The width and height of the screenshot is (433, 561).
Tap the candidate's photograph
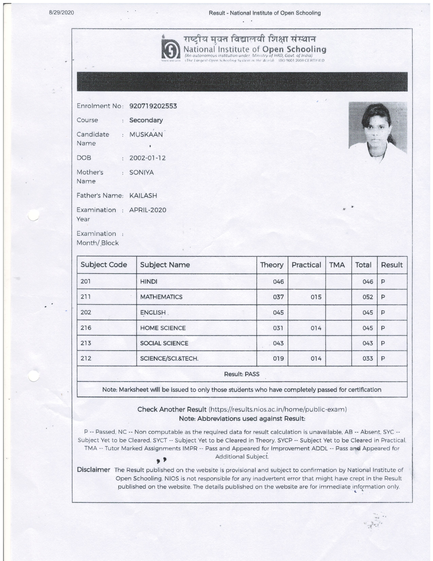tap(378, 129)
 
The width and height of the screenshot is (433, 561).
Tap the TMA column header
tap(337, 265)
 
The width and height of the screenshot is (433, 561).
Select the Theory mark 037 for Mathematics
tap(278, 297)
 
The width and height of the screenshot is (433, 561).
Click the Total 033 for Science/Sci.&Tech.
tap(368, 358)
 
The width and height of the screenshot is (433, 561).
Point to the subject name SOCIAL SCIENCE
tap(164, 343)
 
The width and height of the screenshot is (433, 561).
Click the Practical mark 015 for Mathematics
tap(316, 297)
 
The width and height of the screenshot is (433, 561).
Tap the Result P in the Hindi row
tap(383, 282)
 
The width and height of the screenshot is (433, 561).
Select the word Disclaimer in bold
tap(93, 470)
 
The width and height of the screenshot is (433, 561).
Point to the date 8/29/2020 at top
tap(62, 13)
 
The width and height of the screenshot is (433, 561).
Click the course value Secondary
tap(146, 120)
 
